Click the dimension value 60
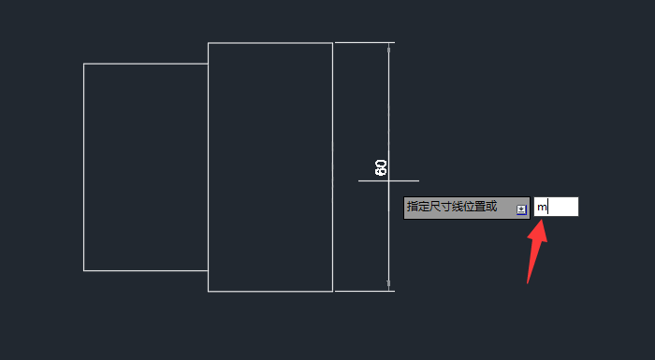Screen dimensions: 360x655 click(381, 167)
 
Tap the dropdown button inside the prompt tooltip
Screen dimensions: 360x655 click(521, 209)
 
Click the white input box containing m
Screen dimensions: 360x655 click(557, 207)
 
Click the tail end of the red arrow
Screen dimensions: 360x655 click(529, 281)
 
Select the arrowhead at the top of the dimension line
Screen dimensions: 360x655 click(388, 47)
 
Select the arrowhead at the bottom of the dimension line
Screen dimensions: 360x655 click(388, 285)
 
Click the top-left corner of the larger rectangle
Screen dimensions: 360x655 click(208, 43)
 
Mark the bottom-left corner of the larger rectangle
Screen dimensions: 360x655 click(208, 291)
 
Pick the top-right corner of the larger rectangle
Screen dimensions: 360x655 click(332, 43)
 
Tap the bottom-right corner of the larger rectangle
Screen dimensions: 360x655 click(332, 291)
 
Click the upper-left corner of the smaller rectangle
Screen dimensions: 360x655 click(84, 64)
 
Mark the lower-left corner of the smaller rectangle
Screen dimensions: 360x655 click(84, 270)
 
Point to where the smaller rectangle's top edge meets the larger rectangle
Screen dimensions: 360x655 click(208, 64)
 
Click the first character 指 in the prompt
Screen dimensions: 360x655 click(412, 207)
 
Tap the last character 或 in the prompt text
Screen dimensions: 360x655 click(491, 207)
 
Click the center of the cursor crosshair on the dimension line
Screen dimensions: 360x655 click(388, 180)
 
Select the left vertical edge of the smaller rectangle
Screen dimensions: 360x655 click(84, 168)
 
